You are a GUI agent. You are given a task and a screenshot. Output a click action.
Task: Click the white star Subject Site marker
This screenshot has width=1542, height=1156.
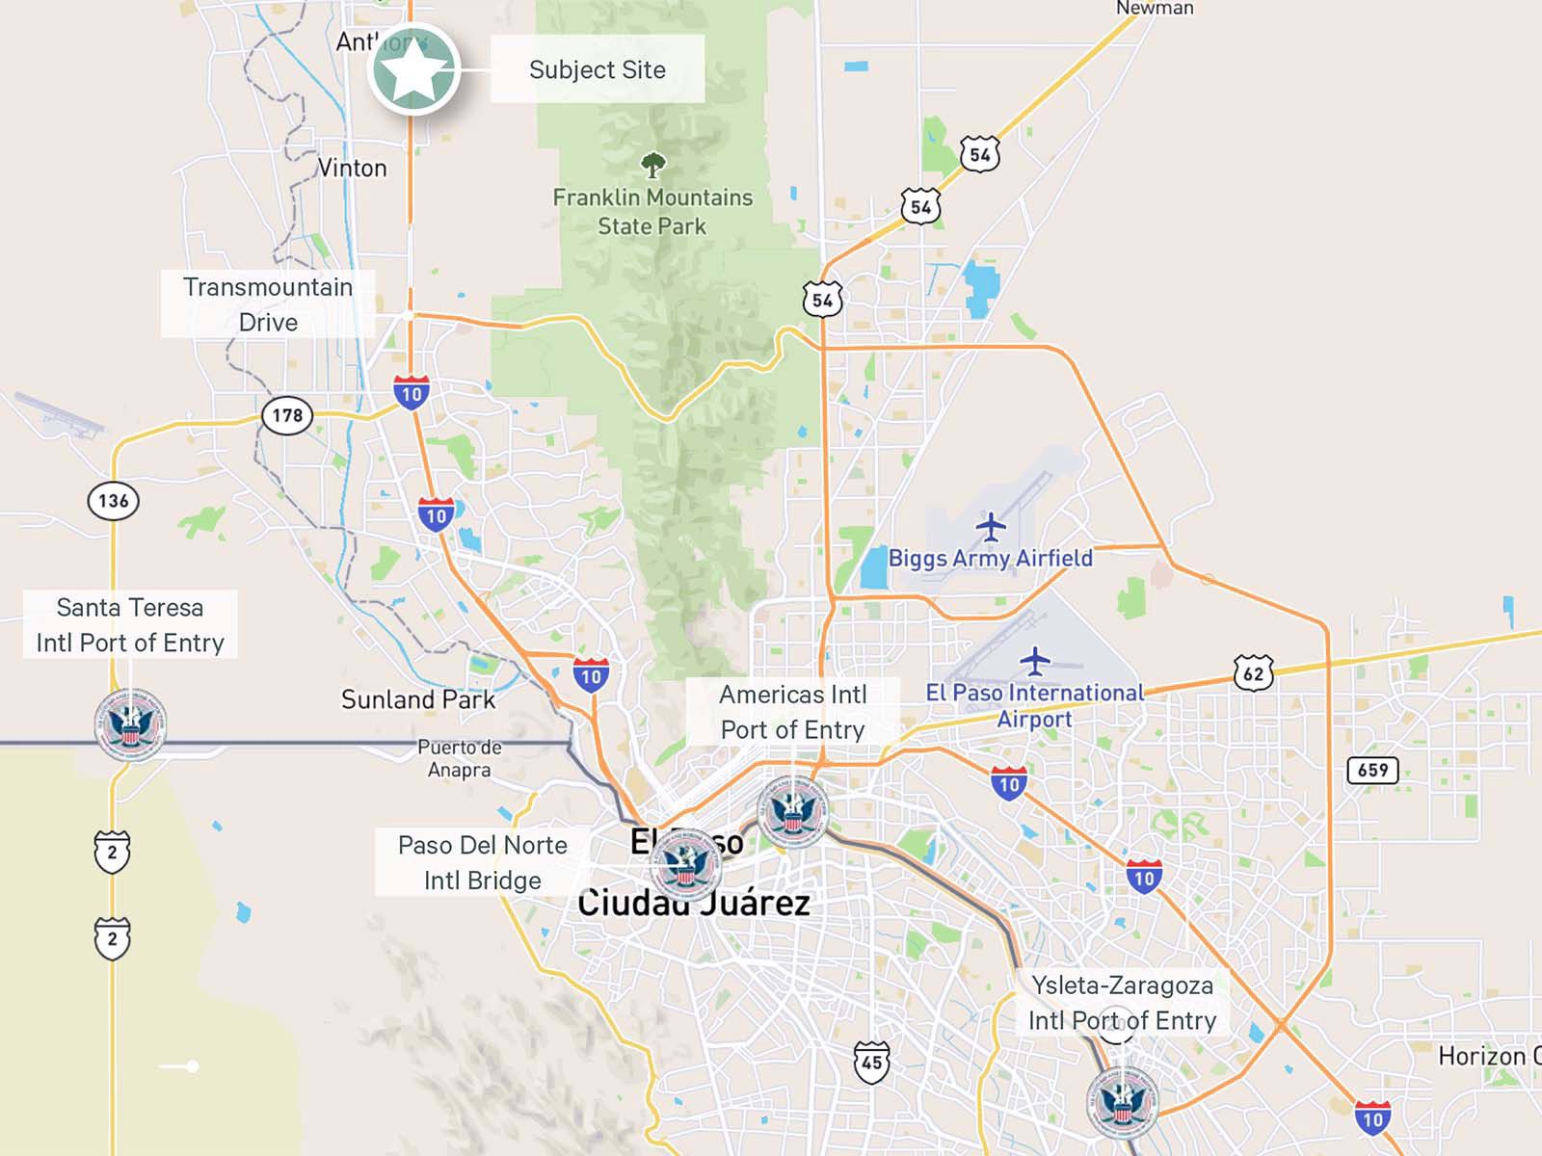point(413,69)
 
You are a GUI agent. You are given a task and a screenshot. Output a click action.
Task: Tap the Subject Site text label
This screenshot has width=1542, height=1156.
point(598,69)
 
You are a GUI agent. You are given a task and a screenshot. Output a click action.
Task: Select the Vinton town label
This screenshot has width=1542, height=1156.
point(353,168)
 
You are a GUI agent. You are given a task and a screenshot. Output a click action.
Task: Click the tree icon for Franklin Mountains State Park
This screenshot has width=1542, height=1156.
point(652,165)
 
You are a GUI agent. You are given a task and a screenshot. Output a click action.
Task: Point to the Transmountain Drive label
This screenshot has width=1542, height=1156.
point(268,304)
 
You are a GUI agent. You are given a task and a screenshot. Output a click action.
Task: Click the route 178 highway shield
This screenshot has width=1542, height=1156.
point(287,415)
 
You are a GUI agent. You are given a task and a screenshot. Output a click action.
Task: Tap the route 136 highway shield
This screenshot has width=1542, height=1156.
point(113,500)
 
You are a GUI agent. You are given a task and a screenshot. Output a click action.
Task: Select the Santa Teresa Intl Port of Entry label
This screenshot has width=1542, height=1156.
point(130,624)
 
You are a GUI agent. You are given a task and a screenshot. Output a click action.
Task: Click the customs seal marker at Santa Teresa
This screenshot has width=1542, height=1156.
point(130,724)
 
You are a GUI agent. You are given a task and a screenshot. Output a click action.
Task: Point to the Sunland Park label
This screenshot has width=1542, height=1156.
point(418,699)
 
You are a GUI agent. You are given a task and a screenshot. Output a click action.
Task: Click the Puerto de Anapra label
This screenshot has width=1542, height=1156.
point(460,758)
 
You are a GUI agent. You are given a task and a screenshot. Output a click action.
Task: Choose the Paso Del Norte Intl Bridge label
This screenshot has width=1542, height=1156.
point(482,862)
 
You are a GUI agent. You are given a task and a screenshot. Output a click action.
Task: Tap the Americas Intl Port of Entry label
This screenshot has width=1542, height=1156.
point(792,712)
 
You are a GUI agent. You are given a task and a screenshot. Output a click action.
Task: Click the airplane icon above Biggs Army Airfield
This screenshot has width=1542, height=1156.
point(990,527)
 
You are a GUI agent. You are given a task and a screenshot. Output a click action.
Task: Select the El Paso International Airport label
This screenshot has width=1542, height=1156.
point(1034,705)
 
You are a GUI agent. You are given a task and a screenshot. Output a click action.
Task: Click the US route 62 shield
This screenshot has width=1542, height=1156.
point(1253,673)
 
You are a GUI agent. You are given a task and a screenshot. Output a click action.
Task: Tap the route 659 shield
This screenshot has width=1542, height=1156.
point(1372,770)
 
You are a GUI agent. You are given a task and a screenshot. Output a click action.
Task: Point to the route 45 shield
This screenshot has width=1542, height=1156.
point(871,1062)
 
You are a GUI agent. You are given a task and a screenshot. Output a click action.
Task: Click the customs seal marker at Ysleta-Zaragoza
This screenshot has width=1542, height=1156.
point(1122,1102)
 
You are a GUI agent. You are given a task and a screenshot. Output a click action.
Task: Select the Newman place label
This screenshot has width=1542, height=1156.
point(1155,9)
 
